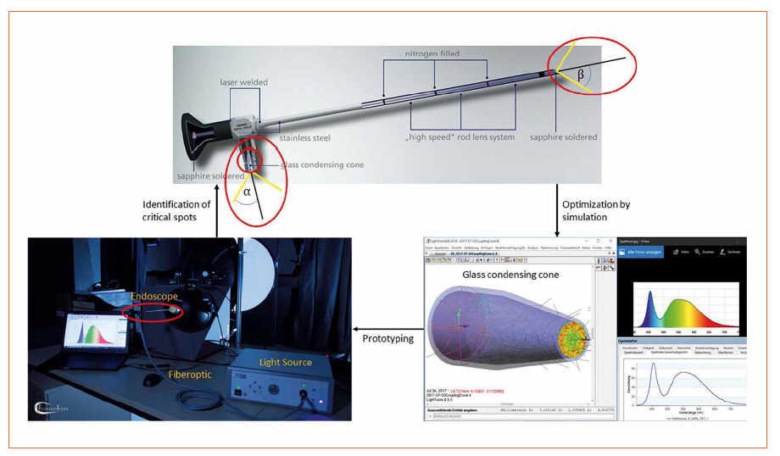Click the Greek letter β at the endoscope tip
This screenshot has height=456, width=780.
point(581,74)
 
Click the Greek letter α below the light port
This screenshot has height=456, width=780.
point(248,192)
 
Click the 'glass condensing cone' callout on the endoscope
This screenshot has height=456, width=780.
point(321,164)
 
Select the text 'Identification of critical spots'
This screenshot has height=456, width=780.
point(176,212)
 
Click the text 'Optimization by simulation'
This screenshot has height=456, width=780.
point(596,211)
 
